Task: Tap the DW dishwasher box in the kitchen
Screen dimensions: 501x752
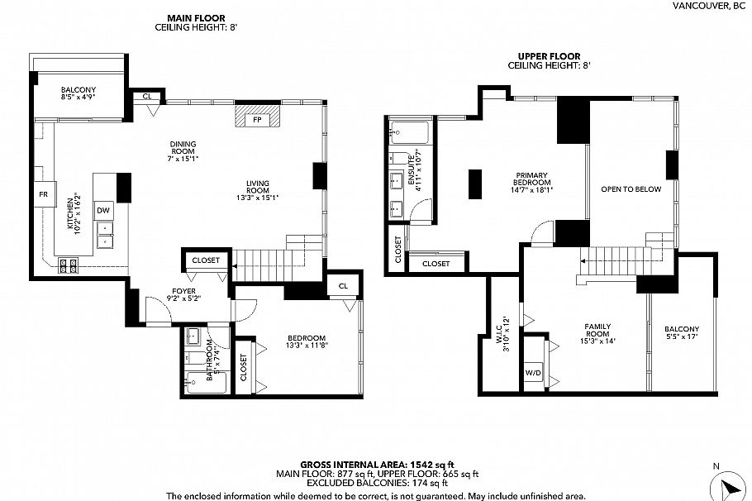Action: tap(104, 211)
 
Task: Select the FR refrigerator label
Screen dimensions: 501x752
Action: tap(43, 194)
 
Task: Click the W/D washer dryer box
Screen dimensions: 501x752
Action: tap(533, 373)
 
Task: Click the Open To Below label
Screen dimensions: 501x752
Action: tap(631, 189)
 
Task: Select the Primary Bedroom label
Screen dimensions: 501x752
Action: tap(532, 179)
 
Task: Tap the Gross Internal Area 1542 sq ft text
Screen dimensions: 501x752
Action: tap(376, 465)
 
